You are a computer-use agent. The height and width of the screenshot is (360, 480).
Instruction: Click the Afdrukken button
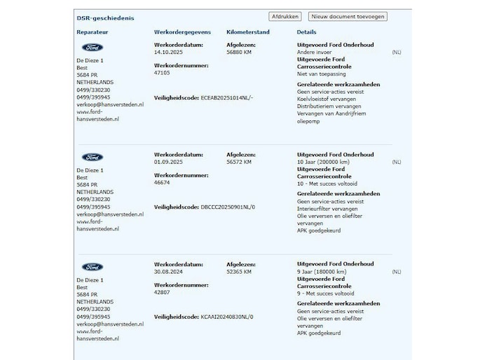coord(284,17)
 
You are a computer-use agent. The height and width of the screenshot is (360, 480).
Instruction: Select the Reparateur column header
coord(92,32)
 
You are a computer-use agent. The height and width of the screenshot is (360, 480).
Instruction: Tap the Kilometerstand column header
coord(249,32)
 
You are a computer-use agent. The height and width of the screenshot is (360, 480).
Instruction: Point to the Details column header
coord(306,32)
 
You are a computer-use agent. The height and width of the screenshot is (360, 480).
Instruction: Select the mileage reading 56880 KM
coord(240,51)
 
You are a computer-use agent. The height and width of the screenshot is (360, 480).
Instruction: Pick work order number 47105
coord(163,71)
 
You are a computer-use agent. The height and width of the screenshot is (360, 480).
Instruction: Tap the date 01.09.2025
coord(168,161)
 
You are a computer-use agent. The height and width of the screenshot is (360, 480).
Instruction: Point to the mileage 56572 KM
coord(240,161)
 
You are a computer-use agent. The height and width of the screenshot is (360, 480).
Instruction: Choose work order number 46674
coord(163,181)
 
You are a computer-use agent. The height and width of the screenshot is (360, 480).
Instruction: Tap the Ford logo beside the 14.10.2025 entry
coord(92,48)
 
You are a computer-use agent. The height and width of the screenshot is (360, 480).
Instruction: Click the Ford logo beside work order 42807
coord(92,268)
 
